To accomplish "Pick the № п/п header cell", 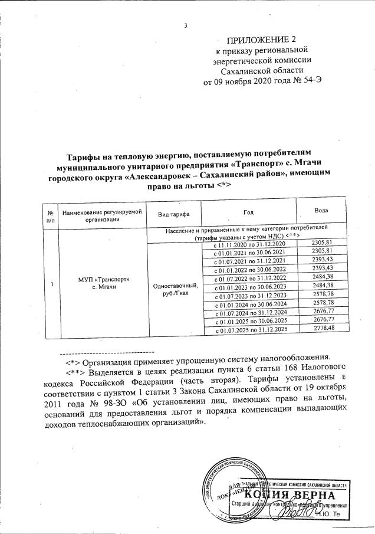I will pos(52,215).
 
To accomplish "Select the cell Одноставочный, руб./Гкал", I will pos(175,290).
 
